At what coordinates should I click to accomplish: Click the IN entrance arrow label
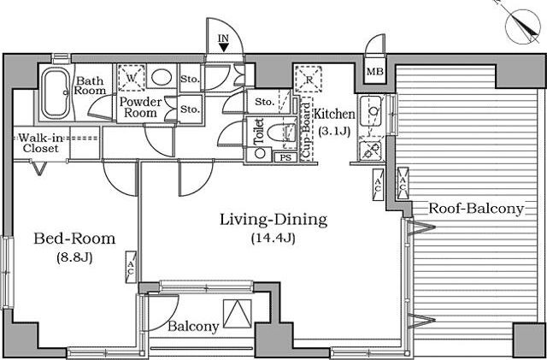point(224,43)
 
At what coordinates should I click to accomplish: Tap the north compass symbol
point(522,27)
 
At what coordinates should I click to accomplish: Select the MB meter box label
point(375,72)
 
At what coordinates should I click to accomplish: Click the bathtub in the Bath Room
point(56,92)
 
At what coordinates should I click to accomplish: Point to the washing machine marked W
point(131,78)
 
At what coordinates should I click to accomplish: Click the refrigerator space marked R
point(309,79)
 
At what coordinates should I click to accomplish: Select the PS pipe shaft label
point(285,157)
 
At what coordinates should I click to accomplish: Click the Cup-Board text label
point(306,130)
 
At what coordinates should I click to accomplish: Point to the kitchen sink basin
point(372,111)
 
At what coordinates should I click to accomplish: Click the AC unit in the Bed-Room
point(131,267)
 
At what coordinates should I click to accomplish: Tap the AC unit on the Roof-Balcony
point(403,183)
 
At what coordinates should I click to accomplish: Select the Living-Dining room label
point(273,221)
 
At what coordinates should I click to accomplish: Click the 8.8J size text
point(74,257)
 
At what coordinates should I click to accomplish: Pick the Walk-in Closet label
point(40,143)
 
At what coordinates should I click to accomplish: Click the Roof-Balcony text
point(476,209)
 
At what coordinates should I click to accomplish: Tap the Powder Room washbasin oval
point(162,76)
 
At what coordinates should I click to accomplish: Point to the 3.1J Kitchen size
point(334,132)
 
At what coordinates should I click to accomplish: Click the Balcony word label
point(193,327)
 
